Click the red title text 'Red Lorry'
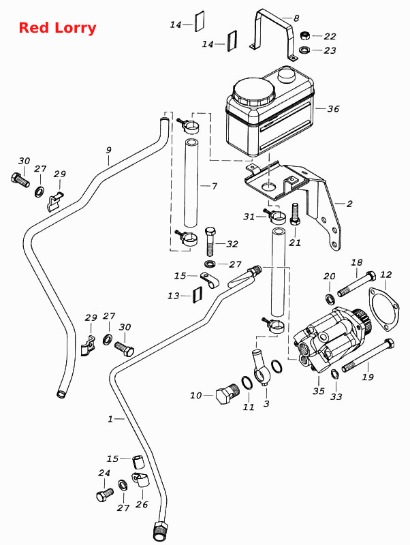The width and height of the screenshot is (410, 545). pyautogui.click(x=57, y=28)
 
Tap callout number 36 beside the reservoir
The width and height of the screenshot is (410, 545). pyautogui.click(x=333, y=109)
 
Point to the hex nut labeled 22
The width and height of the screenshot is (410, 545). pyautogui.click(x=304, y=36)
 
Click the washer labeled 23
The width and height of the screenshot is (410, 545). pyautogui.click(x=304, y=50)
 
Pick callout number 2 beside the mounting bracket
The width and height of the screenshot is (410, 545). pyautogui.click(x=349, y=204)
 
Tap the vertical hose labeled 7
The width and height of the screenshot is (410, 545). pyautogui.click(x=191, y=183)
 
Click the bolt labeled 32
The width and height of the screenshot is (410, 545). pyautogui.click(x=210, y=241)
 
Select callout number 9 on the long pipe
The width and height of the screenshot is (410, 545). pyautogui.click(x=109, y=150)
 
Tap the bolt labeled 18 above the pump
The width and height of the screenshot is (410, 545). pyautogui.click(x=357, y=283)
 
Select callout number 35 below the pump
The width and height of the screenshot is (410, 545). pyautogui.click(x=319, y=391)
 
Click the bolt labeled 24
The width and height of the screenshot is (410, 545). pyautogui.click(x=105, y=495)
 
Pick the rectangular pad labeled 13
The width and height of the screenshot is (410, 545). pyautogui.click(x=197, y=295)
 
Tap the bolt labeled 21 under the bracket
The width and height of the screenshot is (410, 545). pyautogui.click(x=294, y=215)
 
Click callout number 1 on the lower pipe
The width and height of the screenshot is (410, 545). pyautogui.click(x=110, y=419)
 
